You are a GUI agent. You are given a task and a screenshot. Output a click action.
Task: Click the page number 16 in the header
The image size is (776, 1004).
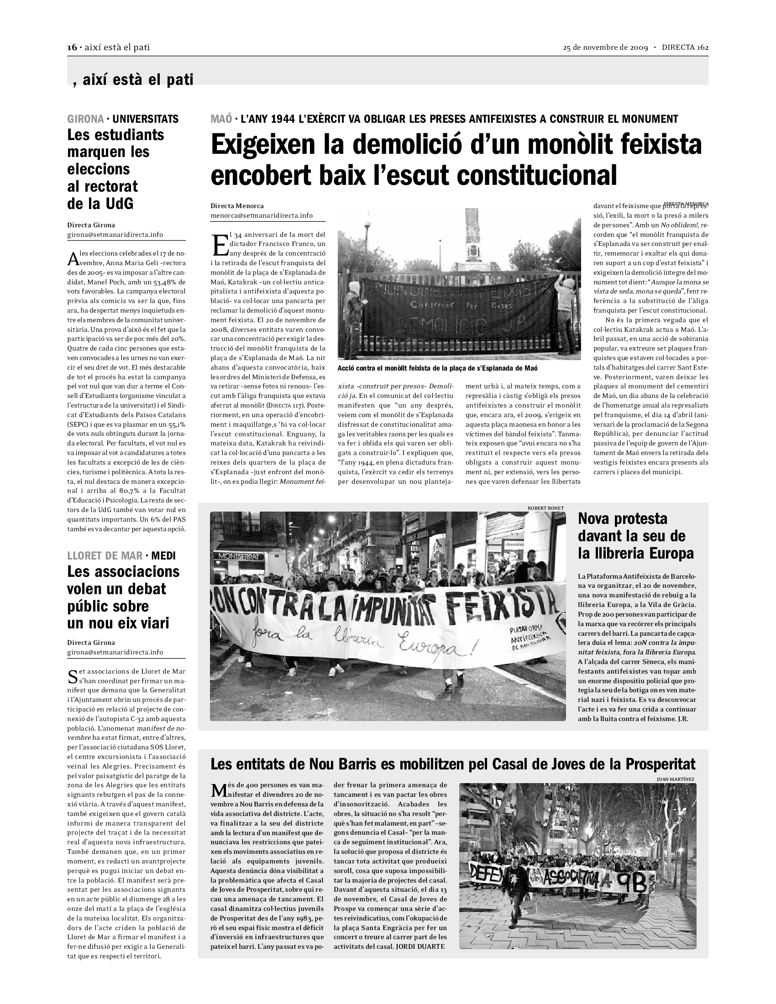(72, 47)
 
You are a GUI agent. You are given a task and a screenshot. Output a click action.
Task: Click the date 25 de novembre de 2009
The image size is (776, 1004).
(605, 47)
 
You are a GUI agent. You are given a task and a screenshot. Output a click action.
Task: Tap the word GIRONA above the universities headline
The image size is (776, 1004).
(85, 119)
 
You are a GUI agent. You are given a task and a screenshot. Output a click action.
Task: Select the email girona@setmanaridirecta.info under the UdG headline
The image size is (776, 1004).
(115, 235)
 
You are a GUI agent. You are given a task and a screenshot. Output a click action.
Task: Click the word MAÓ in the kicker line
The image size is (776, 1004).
(221, 119)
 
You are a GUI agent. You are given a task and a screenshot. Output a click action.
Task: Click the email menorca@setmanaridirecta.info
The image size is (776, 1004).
(262, 215)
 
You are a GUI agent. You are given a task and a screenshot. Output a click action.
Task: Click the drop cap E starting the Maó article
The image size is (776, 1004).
(220, 246)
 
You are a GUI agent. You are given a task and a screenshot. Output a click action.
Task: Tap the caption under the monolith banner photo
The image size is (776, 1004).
(437, 368)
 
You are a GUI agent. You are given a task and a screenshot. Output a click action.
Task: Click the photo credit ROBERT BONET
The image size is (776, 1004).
(545, 508)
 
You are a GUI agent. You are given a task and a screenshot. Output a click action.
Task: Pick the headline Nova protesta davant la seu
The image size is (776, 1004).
(635, 536)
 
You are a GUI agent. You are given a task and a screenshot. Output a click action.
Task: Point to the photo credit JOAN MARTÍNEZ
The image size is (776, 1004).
(675, 779)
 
